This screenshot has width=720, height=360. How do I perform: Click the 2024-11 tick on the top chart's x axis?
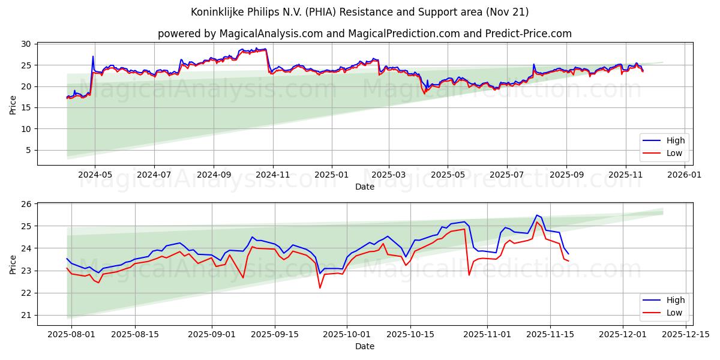tap(273, 175)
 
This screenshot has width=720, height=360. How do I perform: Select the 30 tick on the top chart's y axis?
tap(26, 44)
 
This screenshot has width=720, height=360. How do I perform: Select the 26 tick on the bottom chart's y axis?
tap(26, 204)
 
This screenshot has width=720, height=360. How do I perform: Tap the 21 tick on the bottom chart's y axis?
tap(26, 315)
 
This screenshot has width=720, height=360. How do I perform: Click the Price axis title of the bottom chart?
tap(13, 263)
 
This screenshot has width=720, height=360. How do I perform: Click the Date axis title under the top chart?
tap(364, 187)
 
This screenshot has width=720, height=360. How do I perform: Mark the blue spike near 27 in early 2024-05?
tap(93, 56)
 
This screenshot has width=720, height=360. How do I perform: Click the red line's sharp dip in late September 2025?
tap(320, 287)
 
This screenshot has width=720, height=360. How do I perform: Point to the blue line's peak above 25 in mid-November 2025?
tap(537, 215)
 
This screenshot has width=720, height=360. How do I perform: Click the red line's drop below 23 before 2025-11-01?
tap(469, 274)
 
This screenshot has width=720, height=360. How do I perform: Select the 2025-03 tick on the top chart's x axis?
tap(388, 175)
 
